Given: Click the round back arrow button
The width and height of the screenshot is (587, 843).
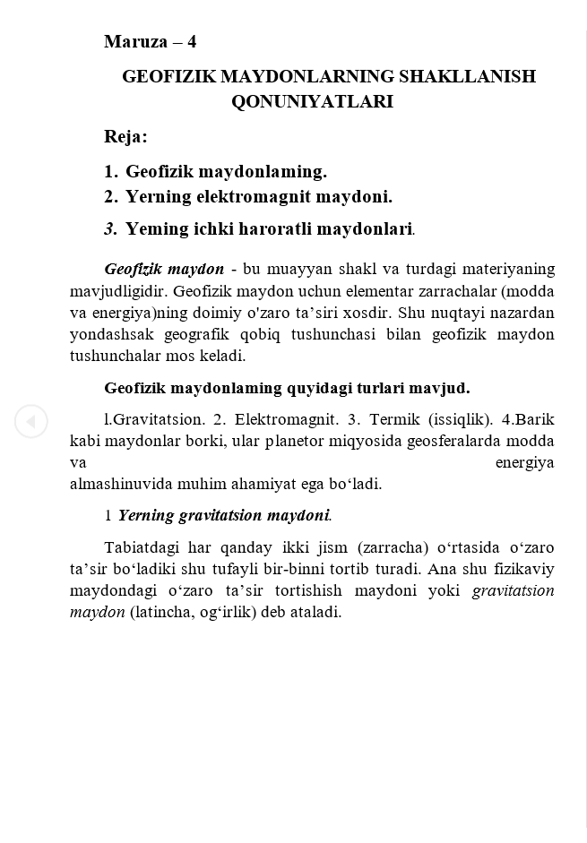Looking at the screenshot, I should pos(30,421).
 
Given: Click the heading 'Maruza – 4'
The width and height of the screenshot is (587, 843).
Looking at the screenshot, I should pos(150,41).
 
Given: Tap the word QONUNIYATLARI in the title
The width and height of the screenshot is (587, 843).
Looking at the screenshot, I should pos(312,101).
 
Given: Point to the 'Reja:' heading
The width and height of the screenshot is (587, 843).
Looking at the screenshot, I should pos(125,136).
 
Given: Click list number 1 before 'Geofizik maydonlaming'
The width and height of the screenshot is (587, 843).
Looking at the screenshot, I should pos(110,171).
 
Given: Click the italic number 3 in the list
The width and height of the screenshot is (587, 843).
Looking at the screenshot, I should pos(110,228).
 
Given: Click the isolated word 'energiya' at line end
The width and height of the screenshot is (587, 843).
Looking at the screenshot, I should pos(524,462).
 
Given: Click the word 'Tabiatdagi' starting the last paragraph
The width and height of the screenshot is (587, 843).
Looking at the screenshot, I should pos(140,547).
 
